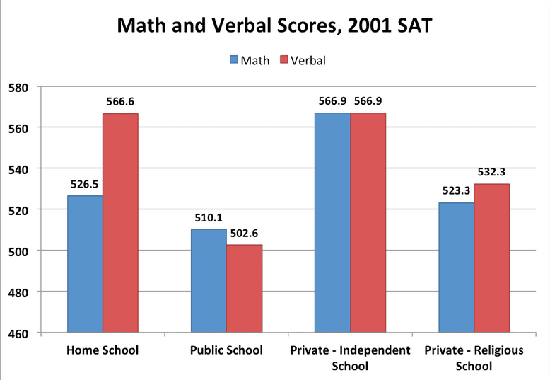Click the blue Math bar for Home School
coord(85,263)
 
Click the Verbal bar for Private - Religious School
coord(491,258)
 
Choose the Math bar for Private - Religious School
coord(457,267)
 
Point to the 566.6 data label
coord(120,102)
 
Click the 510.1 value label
coord(209,218)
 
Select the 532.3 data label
coord(491,172)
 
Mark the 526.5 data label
coord(85,184)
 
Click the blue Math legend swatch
coord(233,59)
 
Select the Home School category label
coord(103,350)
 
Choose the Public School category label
coord(226,350)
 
